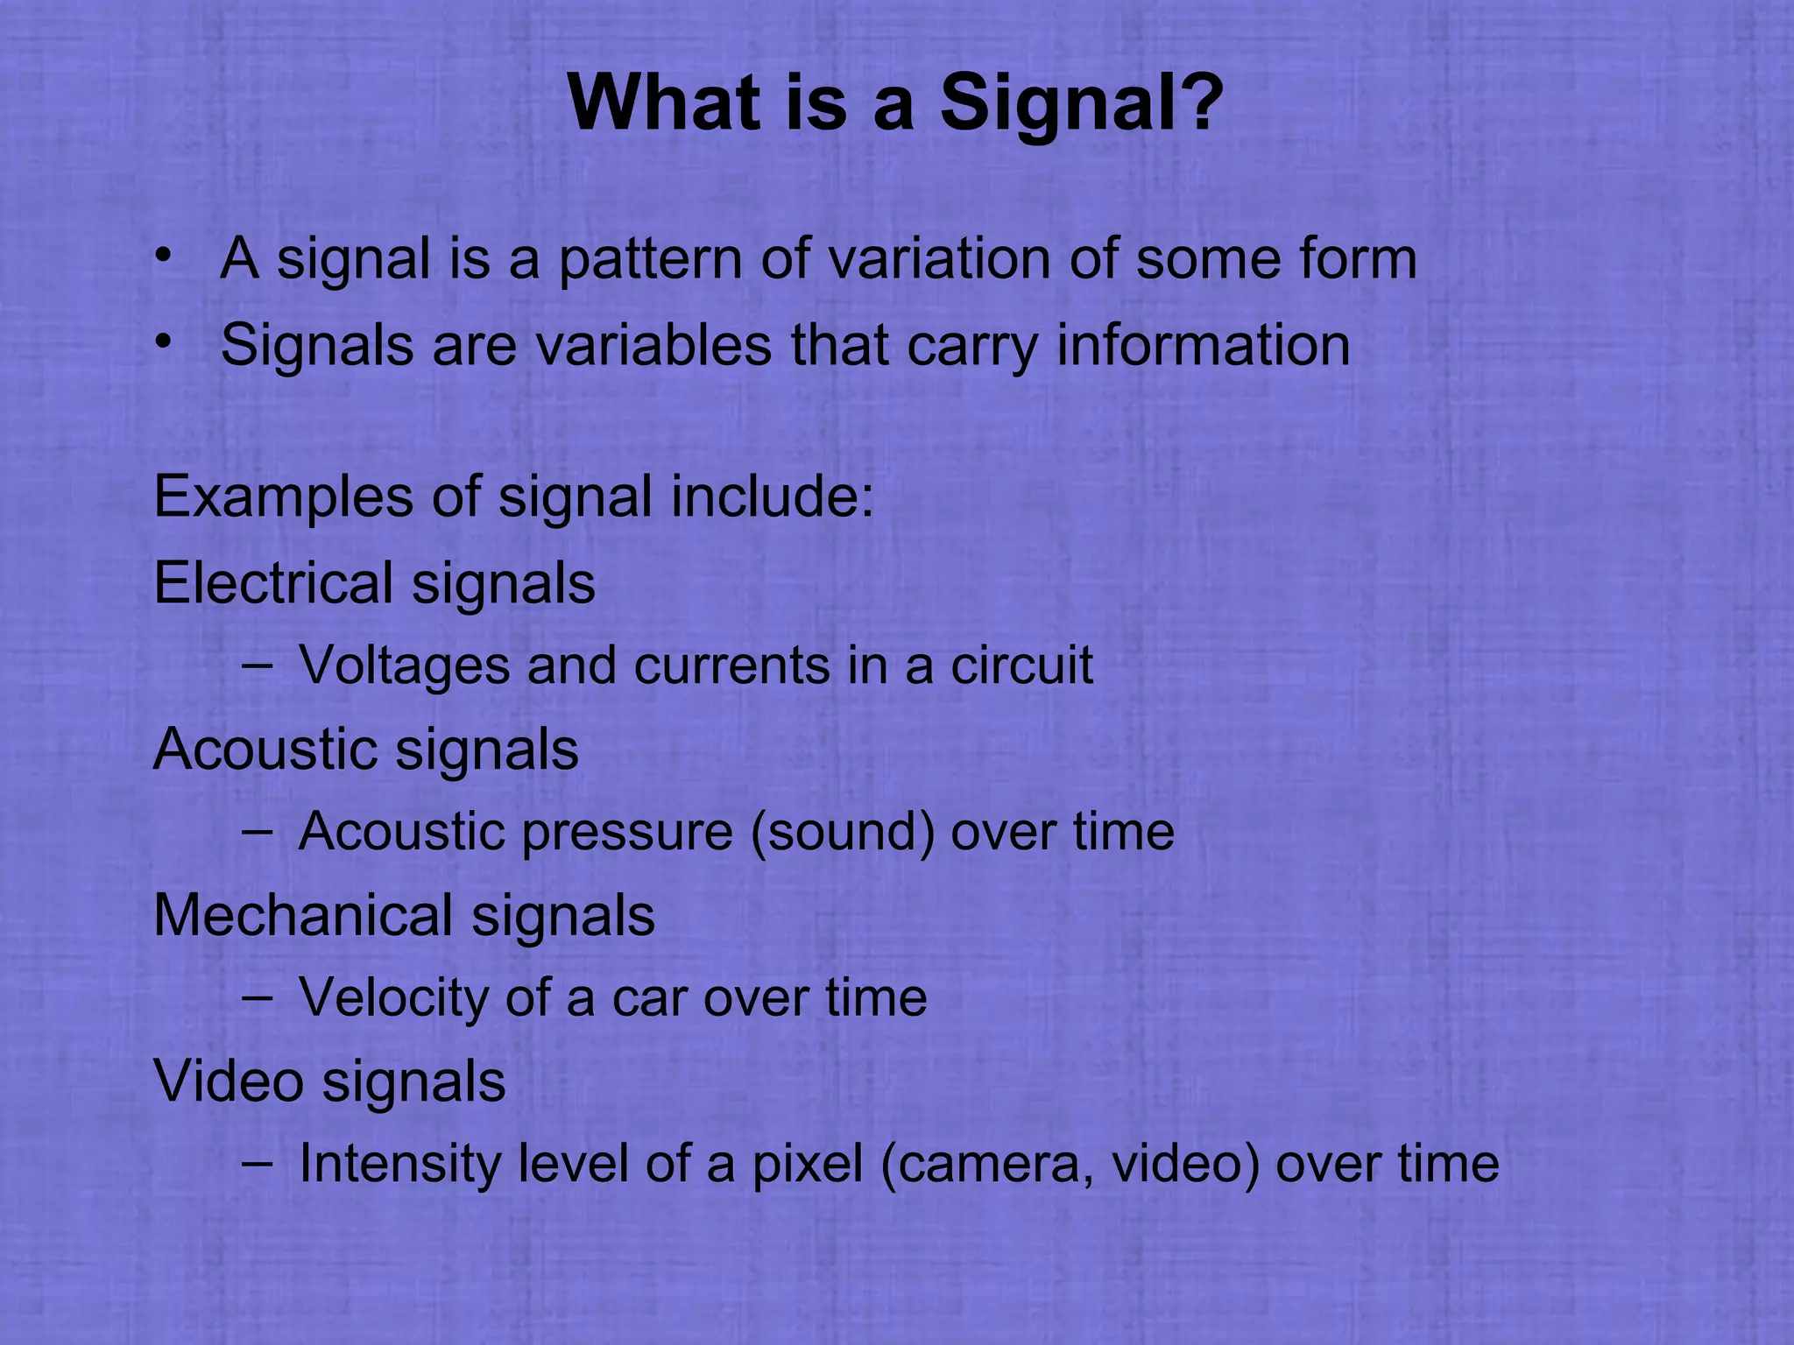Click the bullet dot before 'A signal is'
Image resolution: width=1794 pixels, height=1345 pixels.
(161, 257)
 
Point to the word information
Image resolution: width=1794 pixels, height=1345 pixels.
(1203, 345)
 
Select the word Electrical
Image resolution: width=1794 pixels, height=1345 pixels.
(273, 583)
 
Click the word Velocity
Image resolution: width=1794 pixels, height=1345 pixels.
(393, 998)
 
